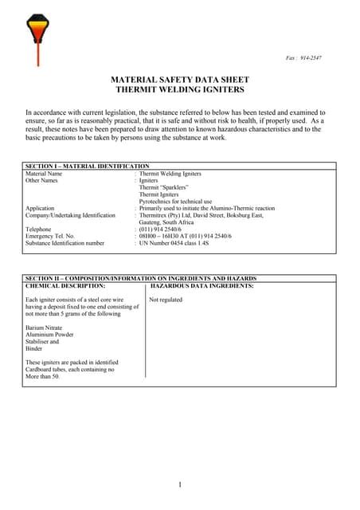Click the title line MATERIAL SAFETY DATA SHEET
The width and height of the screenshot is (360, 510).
click(x=179, y=80)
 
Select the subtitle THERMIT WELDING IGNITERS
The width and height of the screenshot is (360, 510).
click(x=179, y=90)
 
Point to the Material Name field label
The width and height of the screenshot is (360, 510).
click(x=44, y=173)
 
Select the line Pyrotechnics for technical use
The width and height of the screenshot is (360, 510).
click(x=175, y=201)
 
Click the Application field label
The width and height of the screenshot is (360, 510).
click(x=41, y=208)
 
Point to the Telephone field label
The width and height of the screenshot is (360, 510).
click(x=39, y=229)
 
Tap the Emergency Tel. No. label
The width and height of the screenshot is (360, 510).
click(x=50, y=236)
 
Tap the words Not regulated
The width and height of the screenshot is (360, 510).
click(x=166, y=300)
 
